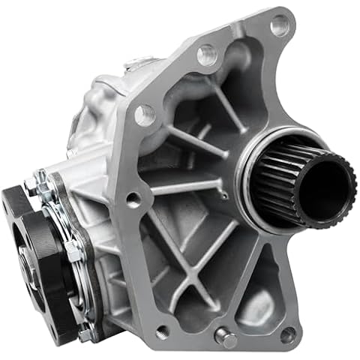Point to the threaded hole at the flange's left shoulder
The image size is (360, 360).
click(144, 115)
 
